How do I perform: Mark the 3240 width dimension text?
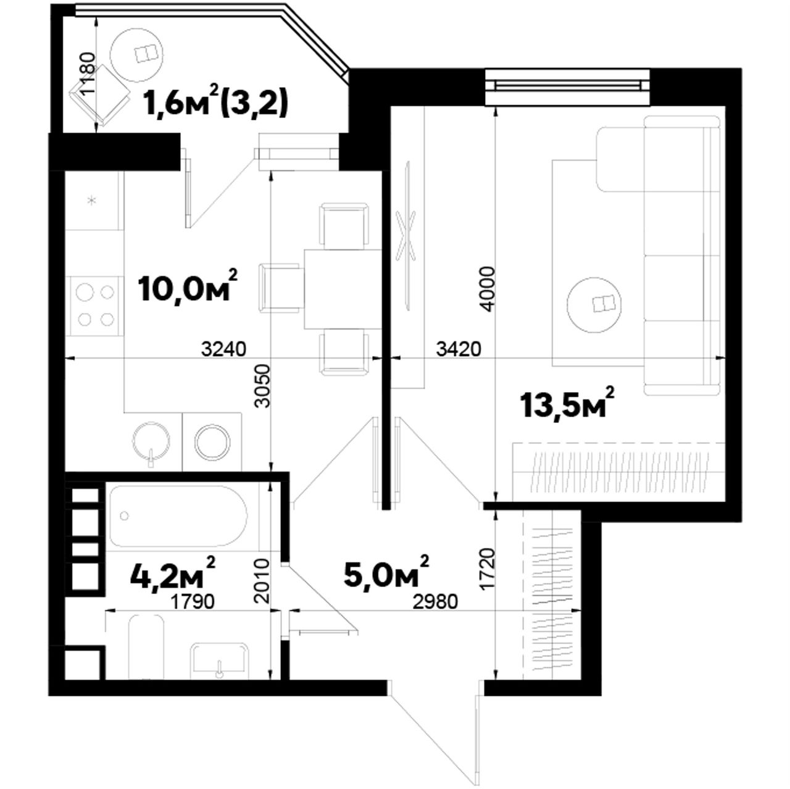pyautogui.click(x=224, y=349)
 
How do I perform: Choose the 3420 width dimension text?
pyautogui.click(x=459, y=349)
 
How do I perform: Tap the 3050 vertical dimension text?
pyautogui.click(x=262, y=386)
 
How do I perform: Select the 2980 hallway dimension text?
pyautogui.click(x=434, y=602)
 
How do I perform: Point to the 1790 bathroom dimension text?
pyautogui.click(x=193, y=602)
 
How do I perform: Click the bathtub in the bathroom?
pyautogui.click(x=179, y=516)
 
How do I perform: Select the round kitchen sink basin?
pyautogui.click(x=151, y=440)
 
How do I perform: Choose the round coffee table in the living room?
pyautogui.click(x=595, y=304)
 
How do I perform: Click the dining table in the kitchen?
pyautogui.click(x=343, y=289)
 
